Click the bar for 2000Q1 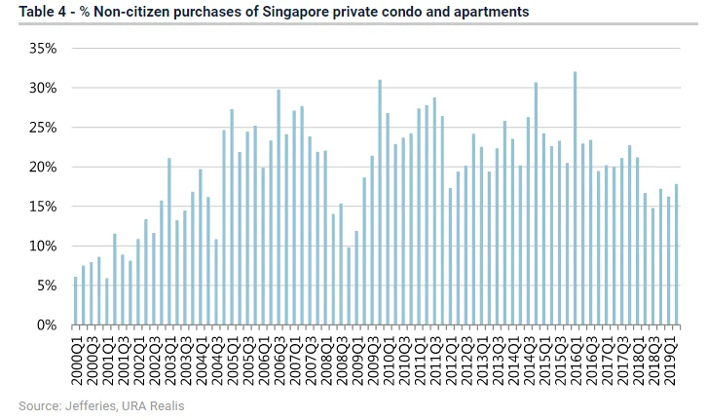click(76, 301)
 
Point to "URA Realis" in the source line click(151, 404)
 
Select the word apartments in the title click(496, 13)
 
